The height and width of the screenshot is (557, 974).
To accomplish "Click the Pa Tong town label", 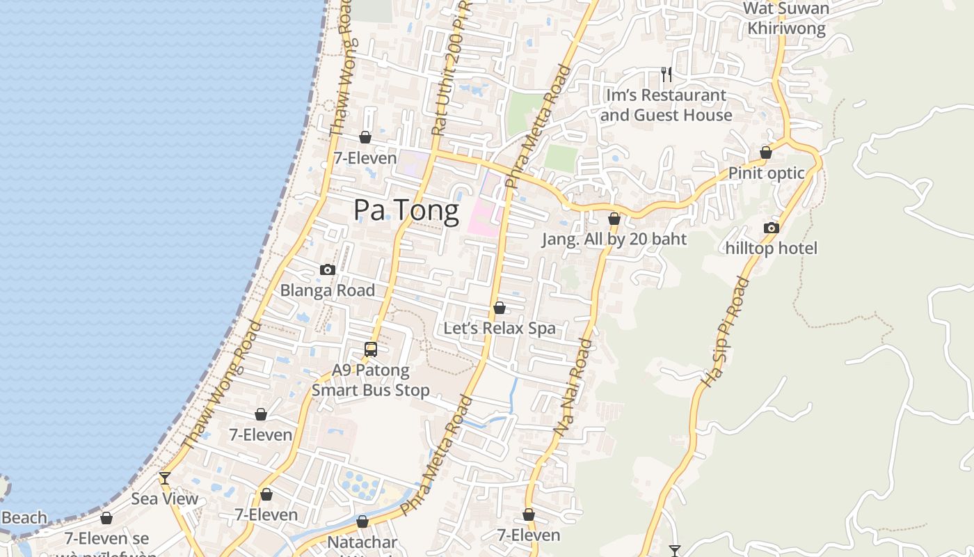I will click(406, 210).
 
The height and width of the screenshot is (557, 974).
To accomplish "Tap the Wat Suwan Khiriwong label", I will click(786, 19).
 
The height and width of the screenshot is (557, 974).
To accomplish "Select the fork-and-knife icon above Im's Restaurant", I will click(666, 74).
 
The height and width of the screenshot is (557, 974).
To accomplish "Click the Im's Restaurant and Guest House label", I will click(666, 105).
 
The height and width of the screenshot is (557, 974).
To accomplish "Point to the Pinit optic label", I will click(766, 173).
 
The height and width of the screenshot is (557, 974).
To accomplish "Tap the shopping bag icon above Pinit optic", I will click(766, 152).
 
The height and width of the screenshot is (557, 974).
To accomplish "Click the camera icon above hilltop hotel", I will click(771, 228).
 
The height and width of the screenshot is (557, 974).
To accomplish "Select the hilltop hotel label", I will click(771, 249).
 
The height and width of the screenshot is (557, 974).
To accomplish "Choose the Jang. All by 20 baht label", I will click(614, 240).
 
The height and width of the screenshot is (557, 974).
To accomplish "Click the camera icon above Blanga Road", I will click(328, 270).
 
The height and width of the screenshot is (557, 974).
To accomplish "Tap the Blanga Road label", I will click(328, 290).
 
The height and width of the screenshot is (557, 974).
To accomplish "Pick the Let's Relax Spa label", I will click(500, 328).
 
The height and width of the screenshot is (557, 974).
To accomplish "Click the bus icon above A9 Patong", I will click(371, 350).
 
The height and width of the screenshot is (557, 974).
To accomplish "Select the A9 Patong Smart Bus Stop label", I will click(371, 380).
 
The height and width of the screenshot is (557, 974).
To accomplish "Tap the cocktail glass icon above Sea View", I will click(165, 478).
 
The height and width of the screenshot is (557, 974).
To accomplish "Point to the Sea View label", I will click(165, 499).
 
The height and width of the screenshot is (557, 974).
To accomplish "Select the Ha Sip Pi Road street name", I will click(724, 331).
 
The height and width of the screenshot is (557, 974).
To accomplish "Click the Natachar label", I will click(362, 542).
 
